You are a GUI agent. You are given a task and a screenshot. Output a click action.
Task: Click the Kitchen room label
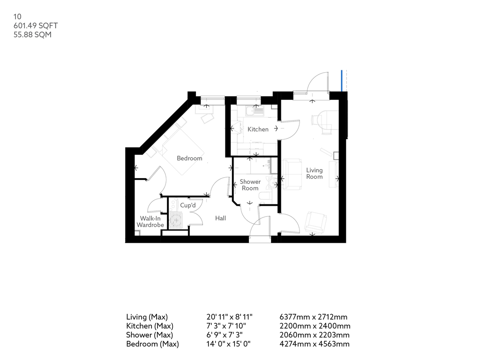pyautogui.click(x=258, y=129)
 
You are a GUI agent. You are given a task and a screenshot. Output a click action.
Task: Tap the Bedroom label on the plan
pyautogui.click(x=189, y=158)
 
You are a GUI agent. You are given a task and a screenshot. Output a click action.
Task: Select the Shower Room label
pyautogui.click(x=250, y=185)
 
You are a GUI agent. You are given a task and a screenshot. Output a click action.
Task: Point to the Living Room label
pyautogui.click(x=314, y=173)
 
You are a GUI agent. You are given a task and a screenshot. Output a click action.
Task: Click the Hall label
pyautogui.click(x=220, y=218)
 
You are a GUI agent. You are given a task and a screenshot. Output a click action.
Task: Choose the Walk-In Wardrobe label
pyautogui.click(x=150, y=222)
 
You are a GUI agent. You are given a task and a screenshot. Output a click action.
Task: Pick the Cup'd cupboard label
pyautogui.click(x=187, y=206)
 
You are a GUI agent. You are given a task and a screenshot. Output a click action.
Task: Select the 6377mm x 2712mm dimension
pyautogui.click(x=313, y=317)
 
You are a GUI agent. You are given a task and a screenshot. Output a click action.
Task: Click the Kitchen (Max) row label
pyautogui.click(x=150, y=326)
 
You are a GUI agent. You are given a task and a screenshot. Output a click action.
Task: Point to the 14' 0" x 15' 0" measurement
pyautogui.click(x=228, y=344)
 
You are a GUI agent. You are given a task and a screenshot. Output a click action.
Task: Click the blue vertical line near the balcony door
pyautogui.click(x=342, y=80)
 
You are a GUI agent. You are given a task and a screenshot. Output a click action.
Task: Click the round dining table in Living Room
pyautogui.click(x=325, y=118)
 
